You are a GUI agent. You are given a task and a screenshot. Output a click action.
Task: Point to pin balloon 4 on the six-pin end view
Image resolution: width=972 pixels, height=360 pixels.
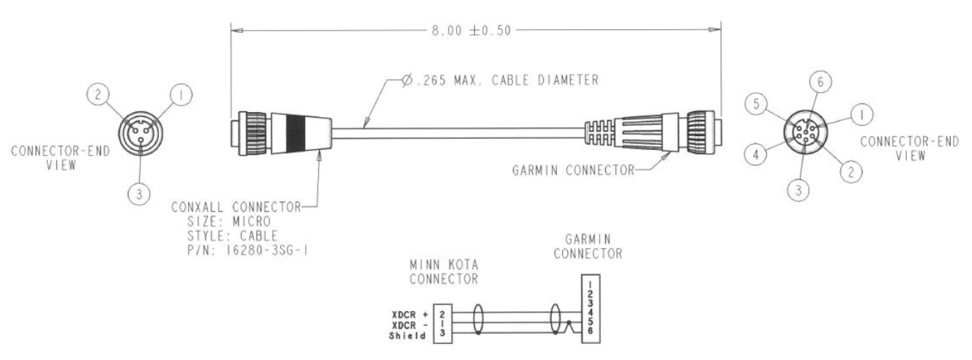[758, 154]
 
